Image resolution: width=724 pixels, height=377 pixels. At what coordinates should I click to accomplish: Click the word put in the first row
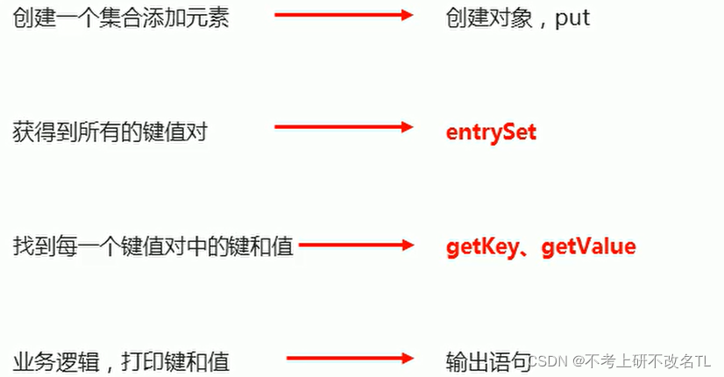pyautogui.click(x=572, y=18)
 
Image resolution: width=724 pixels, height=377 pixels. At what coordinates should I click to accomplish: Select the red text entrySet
pyautogui.click(x=491, y=132)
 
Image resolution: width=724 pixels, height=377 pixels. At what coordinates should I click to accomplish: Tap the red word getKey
pyautogui.click(x=483, y=246)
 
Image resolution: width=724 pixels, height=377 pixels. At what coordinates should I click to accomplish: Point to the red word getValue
pyautogui.click(x=588, y=246)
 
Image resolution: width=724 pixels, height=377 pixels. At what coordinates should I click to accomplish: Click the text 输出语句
pyautogui.click(x=488, y=359)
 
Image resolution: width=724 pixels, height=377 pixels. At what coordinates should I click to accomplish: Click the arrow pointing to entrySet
pyautogui.click(x=343, y=127)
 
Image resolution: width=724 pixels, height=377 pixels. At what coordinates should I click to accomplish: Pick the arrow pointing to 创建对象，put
pyautogui.click(x=343, y=15)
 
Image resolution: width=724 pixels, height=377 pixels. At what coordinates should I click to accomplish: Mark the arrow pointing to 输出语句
pyautogui.click(x=349, y=358)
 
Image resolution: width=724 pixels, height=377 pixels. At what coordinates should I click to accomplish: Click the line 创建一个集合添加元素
pyautogui.click(x=120, y=18)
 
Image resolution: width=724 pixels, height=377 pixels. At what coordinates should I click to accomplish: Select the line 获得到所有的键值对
pyautogui.click(x=110, y=132)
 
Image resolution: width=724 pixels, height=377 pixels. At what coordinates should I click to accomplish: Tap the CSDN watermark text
pyautogui.click(x=550, y=360)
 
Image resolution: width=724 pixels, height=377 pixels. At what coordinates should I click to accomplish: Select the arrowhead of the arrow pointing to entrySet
pyautogui.click(x=406, y=127)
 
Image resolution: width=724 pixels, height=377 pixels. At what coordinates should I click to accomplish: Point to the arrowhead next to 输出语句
pyautogui.click(x=406, y=358)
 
